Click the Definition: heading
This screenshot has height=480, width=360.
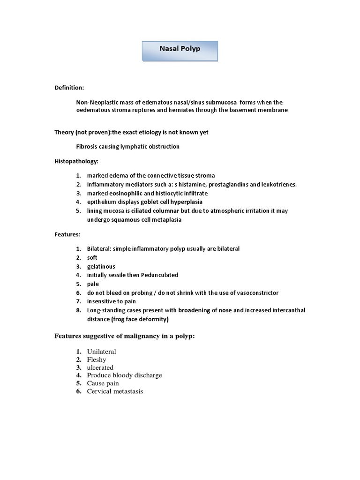[69, 88]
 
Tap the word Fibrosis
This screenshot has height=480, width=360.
[88, 147]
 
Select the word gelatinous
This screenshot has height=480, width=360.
[101, 266]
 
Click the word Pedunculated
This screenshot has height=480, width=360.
[157, 275]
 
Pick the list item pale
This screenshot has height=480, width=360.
[93, 284]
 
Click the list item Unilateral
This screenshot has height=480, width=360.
[101, 352]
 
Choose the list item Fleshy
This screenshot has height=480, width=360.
[97, 360]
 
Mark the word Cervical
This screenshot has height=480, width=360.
[99, 391]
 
